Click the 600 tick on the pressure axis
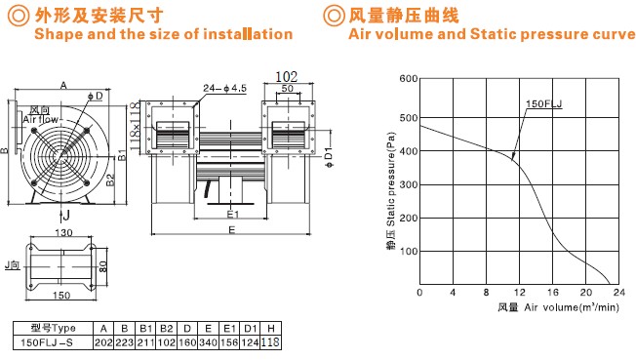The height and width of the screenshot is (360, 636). [409, 78]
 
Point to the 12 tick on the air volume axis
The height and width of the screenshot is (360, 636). [520, 293]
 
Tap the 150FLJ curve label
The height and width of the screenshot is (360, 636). [544, 103]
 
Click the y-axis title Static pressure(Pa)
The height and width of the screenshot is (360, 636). [390, 180]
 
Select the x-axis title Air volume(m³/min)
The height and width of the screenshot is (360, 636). [572, 307]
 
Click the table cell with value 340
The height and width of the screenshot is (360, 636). [208, 342]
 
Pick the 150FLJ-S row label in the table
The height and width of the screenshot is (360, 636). [47, 342]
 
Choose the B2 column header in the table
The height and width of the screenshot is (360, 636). [166, 329]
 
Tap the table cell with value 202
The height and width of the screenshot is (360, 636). [103, 342]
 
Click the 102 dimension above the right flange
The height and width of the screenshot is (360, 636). [287, 76]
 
